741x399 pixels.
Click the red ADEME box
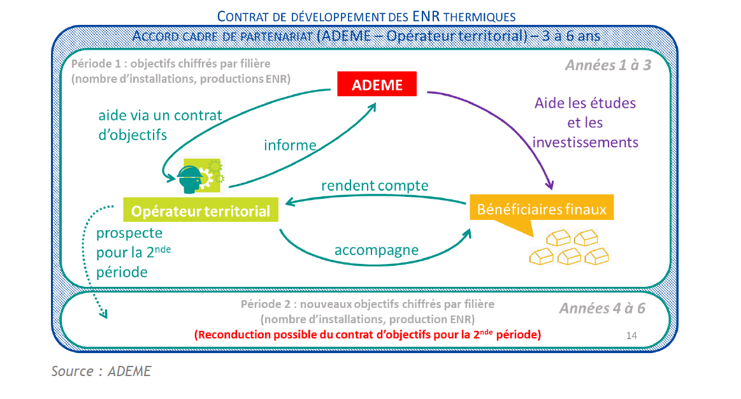point(377,83)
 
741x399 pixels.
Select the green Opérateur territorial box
point(201,211)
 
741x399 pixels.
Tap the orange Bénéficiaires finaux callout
point(542,208)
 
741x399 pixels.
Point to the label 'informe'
point(290,145)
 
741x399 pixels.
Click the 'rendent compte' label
point(375,185)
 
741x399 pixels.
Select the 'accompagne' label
point(377,250)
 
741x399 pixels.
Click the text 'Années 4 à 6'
point(602,308)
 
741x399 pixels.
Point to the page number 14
point(631,335)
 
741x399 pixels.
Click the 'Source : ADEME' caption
point(101,371)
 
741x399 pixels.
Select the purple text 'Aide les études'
point(585,103)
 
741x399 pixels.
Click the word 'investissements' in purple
point(585,142)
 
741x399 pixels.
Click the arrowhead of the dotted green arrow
point(103,313)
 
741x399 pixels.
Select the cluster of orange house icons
point(568,248)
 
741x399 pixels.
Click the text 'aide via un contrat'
point(160,115)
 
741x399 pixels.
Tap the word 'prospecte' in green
point(129,233)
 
